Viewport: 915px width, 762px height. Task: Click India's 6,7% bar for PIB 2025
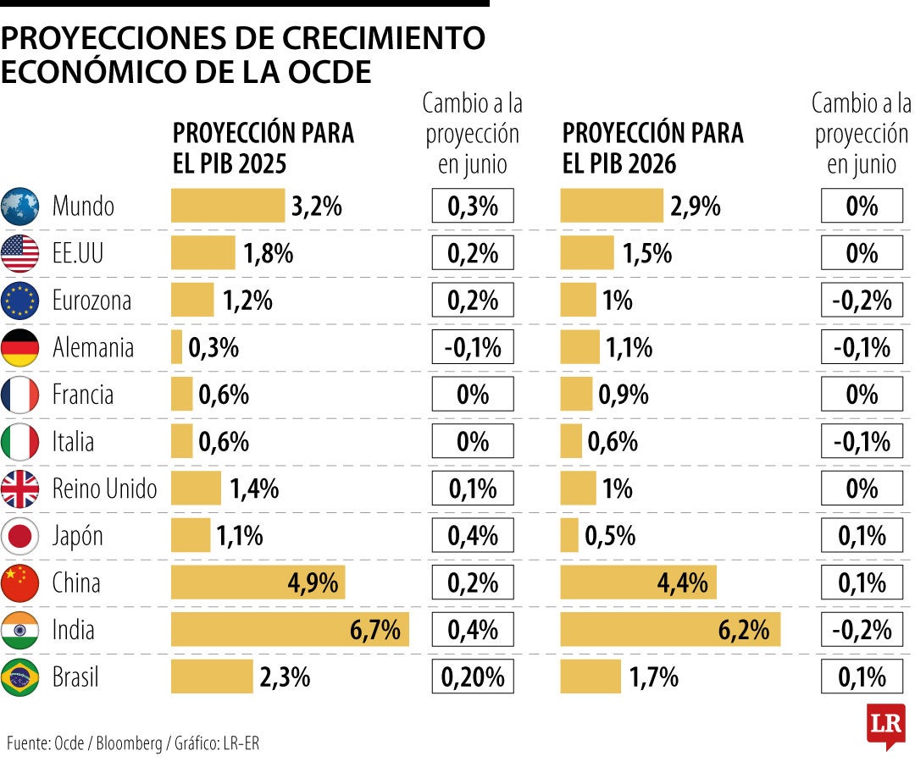point(290,630)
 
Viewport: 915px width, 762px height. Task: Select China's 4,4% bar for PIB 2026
point(638,583)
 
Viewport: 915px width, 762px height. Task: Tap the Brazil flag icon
point(20,677)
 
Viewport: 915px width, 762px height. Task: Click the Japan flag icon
point(20,536)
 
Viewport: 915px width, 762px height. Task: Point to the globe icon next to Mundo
point(20,206)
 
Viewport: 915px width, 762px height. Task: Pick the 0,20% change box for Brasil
point(473,677)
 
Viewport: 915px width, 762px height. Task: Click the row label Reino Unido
point(104,489)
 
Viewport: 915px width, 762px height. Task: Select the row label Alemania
point(93,347)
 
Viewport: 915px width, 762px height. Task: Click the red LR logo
point(885,726)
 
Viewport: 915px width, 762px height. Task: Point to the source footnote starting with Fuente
point(133,744)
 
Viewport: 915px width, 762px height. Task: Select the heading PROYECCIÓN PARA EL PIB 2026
point(652,146)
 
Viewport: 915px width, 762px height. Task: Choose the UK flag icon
point(20,489)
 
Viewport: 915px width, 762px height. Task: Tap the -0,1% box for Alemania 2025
point(473,347)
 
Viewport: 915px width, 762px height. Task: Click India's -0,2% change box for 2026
point(862,630)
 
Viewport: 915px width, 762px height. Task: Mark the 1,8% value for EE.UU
point(269,253)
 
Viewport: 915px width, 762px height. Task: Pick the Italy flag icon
point(20,441)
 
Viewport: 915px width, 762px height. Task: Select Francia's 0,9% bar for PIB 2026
point(576,395)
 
